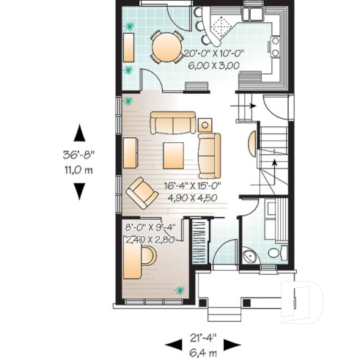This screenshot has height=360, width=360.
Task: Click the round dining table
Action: tap(165, 49)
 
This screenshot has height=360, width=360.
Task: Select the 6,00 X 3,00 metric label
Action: tap(215, 65)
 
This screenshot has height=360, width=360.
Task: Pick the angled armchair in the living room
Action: tap(140, 193)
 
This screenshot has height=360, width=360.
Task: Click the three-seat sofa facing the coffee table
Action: tap(173, 122)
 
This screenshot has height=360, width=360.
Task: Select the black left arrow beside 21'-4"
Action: tap(173, 344)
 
